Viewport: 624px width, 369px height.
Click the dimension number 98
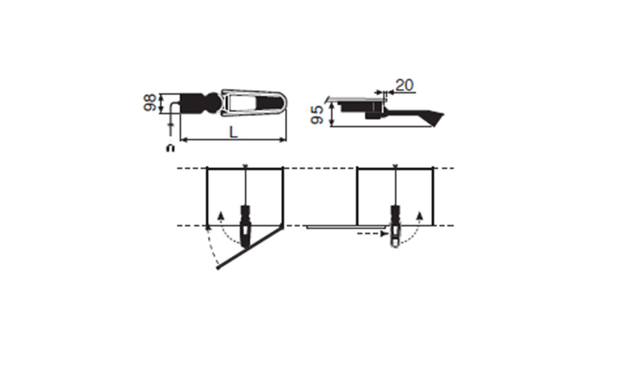pyautogui.click(x=150, y=103)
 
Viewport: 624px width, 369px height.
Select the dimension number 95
pyautogui.click(x=317, y=115)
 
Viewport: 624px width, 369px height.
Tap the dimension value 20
pyautogui.click(x=404, y=85)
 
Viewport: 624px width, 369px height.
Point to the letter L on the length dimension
pyautogui.click(x=234, y=132)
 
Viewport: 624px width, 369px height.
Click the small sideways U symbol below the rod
pyautogui.click(x=170, y=148)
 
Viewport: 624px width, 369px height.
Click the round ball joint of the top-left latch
pyautogui.click(x=214, y=103)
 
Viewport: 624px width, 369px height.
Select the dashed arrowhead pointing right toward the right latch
pyautogui.click(x=384, y=234)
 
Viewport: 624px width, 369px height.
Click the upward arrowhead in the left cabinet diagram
pyautogui.click(x=222, y=215)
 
